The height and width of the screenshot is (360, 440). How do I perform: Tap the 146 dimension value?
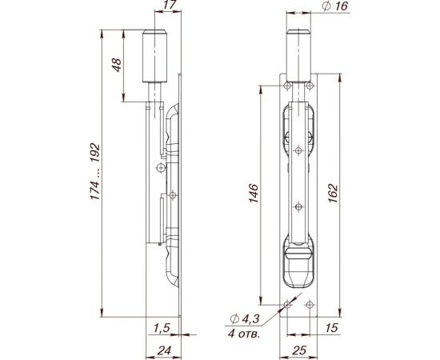tap(252, 192)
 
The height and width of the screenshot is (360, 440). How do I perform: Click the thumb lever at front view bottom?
tap(298, 260)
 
